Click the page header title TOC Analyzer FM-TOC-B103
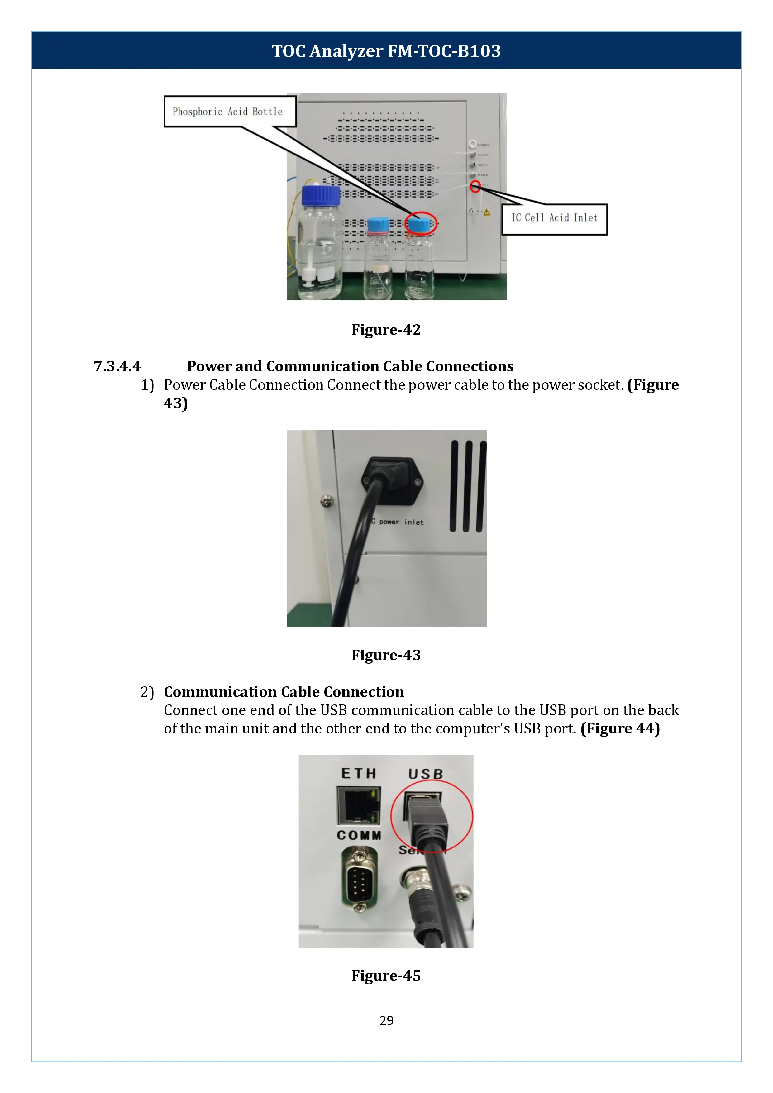click(x=386, y=51)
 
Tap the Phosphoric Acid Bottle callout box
click(x=229, y=112)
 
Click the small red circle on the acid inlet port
click(x=475, y=187)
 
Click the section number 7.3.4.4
click(x=117, y=366)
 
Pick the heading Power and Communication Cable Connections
click(x=350, y=366)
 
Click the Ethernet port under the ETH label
click(x=359, y=805)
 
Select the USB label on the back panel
click(x=426, y=774)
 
